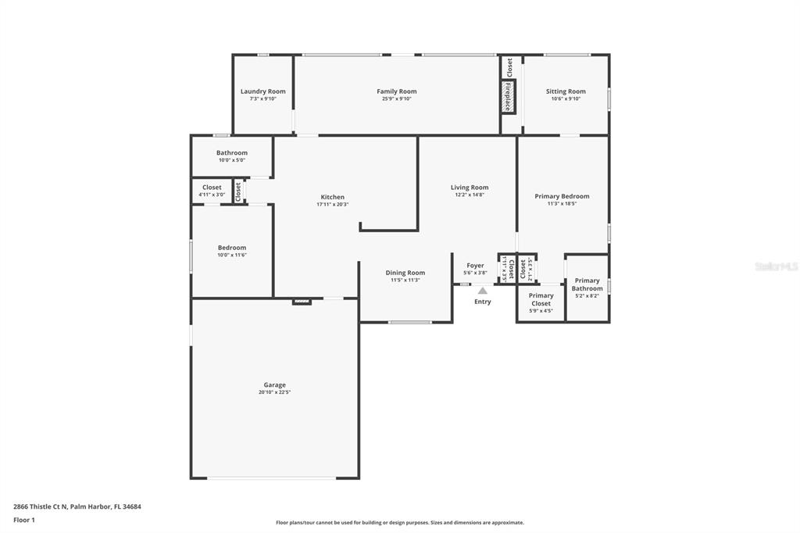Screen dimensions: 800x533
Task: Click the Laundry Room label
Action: (262, 91)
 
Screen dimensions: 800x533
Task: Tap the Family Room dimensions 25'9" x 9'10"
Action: (396, 99)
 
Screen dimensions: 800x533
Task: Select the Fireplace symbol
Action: (508, 96)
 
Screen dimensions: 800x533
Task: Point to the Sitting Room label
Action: (566, 91)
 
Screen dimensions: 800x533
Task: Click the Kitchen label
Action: (332, 197)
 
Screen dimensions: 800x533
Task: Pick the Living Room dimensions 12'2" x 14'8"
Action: (470, 195)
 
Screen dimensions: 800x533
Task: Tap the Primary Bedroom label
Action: (562, 196)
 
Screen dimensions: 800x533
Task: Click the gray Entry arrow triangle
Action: (483, 291)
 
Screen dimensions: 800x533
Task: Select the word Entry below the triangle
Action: (483, 302)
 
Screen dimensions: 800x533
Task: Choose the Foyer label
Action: (475, 266)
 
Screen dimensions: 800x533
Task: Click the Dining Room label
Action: (405, 273)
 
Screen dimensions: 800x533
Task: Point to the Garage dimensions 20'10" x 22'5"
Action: (274, 392)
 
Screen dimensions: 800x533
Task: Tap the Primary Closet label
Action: (541, 299)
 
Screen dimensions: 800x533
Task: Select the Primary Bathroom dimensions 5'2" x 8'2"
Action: (587, 296)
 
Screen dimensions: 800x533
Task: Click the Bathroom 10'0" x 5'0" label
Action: (231, 156)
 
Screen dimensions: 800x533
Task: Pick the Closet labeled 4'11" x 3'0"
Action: (212, 191)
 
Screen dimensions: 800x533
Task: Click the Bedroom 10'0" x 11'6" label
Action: (231, 251)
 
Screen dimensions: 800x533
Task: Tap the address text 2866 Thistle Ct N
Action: (41, 507)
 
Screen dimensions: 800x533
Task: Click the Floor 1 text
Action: (24, 520)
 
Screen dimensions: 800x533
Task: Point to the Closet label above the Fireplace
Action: (509, 67)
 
